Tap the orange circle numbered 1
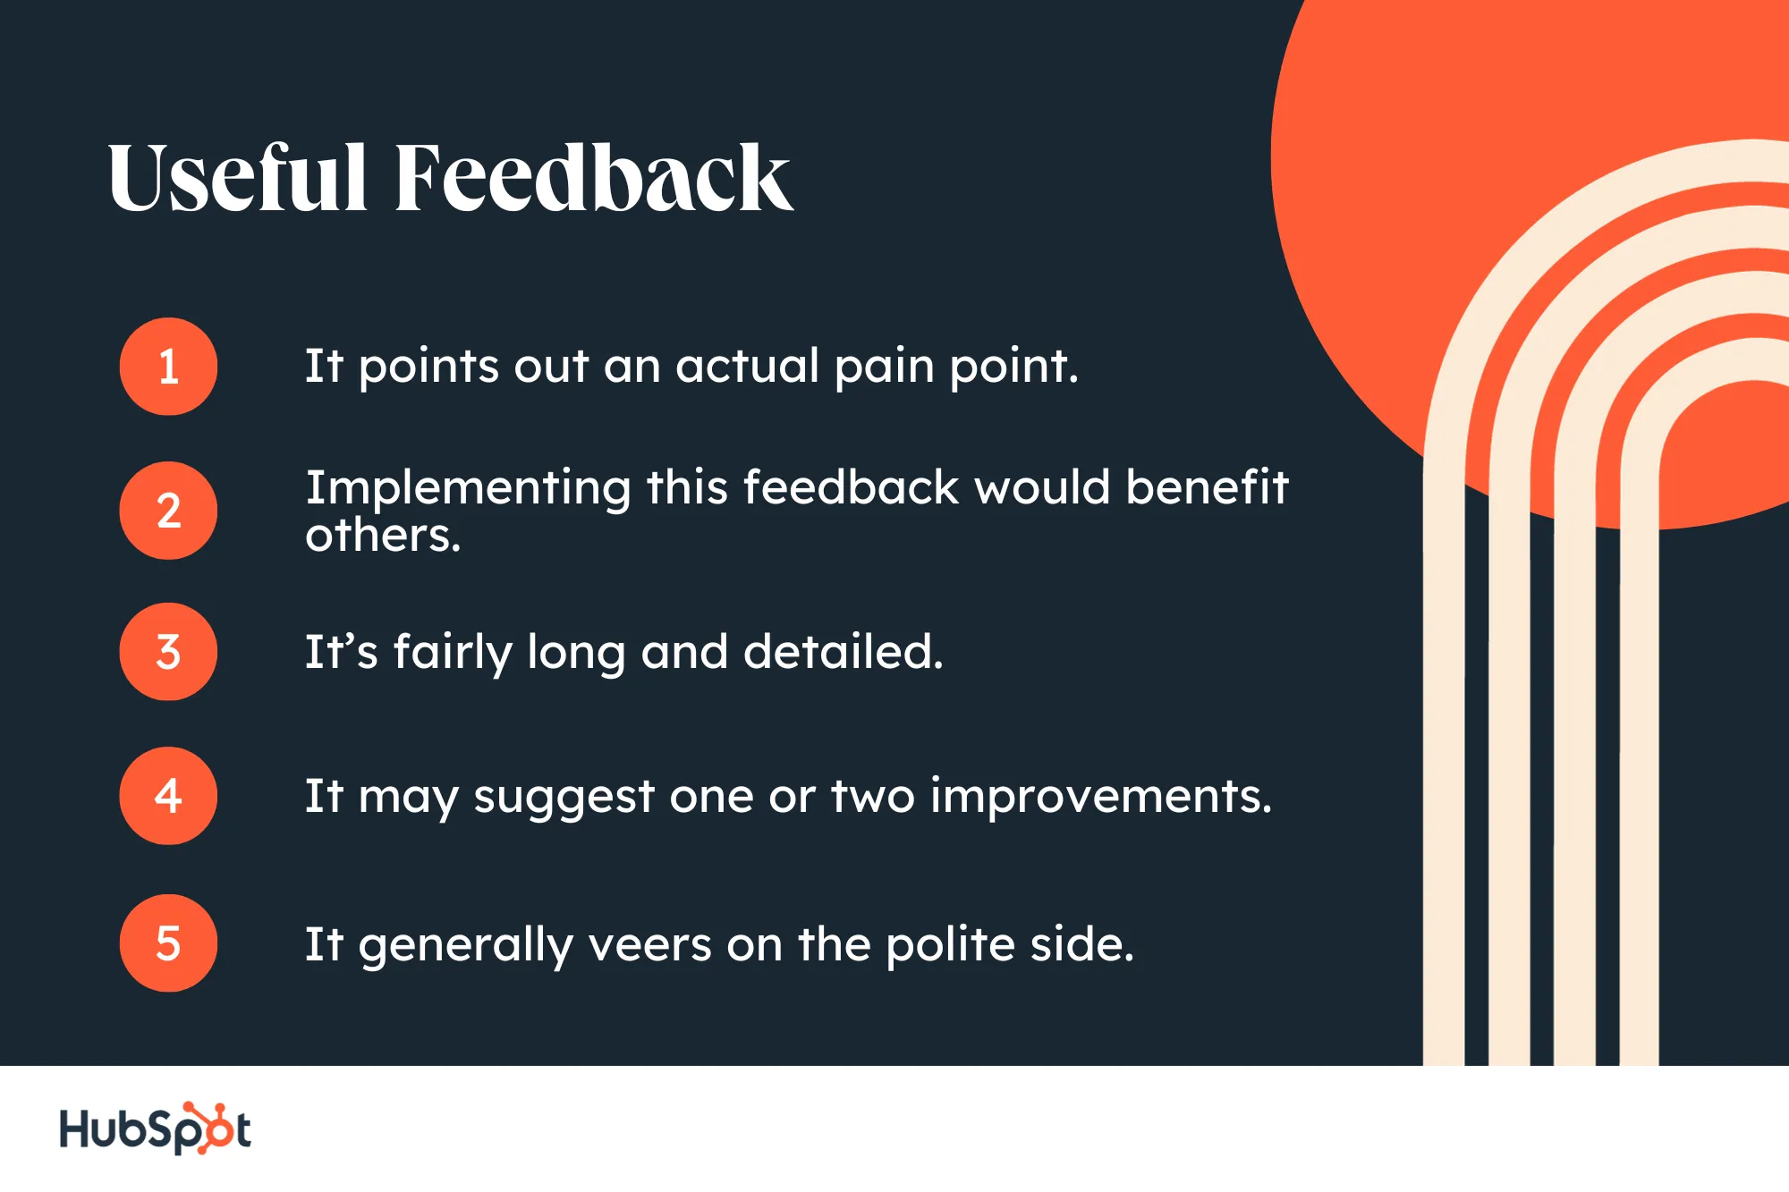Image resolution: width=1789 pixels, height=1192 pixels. [x=168, y=367]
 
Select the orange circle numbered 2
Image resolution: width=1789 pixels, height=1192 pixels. [x=168, y=511]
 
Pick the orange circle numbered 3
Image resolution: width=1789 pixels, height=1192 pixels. [x=168, y=652]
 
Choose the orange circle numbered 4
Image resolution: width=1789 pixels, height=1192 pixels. [x=168, y=796]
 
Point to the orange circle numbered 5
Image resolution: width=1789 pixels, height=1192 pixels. [x=168, y=943]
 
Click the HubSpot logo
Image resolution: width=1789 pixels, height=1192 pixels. [x=155, y=1129]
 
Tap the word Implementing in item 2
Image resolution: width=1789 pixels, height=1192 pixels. [x=469, y=489]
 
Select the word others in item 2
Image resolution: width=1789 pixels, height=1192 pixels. [x=383, y=536]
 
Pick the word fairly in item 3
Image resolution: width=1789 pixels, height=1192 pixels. [x=453, y=654]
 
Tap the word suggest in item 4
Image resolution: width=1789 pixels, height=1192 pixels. [x=564, y=798]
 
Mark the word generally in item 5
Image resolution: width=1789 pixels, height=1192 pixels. [x=466, y=947]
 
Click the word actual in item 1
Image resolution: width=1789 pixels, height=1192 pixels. [x=748, y=366]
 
